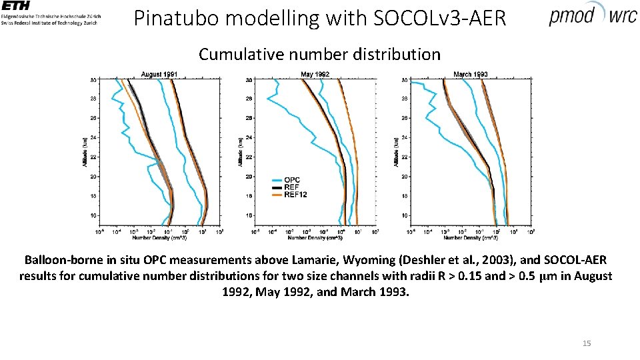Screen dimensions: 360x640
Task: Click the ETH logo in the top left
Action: [x=20, y=7]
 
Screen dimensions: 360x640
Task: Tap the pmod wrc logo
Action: [x=592, y=15]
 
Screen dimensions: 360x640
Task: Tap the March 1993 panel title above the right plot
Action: [x=471, y=74]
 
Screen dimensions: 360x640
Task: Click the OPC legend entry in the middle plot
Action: [x=292, y=180]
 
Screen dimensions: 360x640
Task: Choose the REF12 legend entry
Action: [x=295, y=195]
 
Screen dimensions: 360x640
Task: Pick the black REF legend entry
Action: [x=292, y=187]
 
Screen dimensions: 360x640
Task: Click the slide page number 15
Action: [x=587, y=343]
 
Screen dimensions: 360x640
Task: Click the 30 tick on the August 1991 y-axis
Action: [x=93, y=80]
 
